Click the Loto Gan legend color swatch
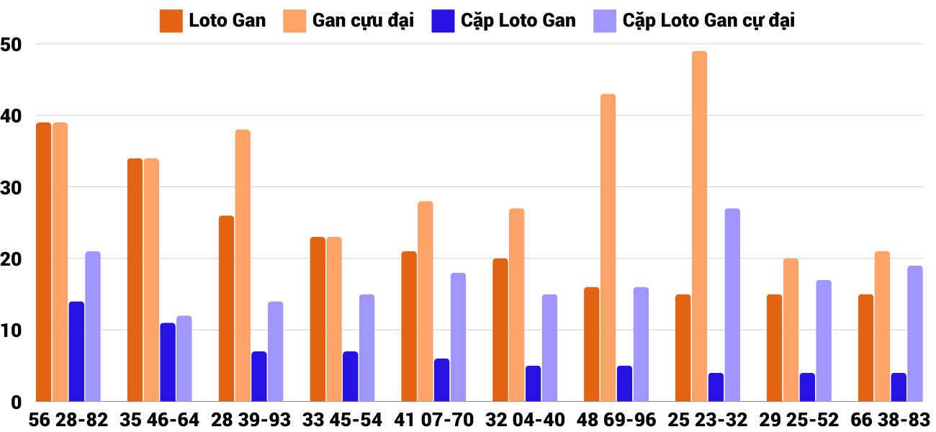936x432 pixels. click(x=171, y=21)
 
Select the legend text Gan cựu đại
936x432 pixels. click(x=363, y=21)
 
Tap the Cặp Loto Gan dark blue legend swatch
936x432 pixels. click(x=442, y=21)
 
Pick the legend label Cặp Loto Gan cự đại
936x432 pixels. click(x=708, y=21)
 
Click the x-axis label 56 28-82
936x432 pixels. click(x=68, y=420)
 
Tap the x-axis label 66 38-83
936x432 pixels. click(x=890, y=420)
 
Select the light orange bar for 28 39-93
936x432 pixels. click(x=243, y=266)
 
